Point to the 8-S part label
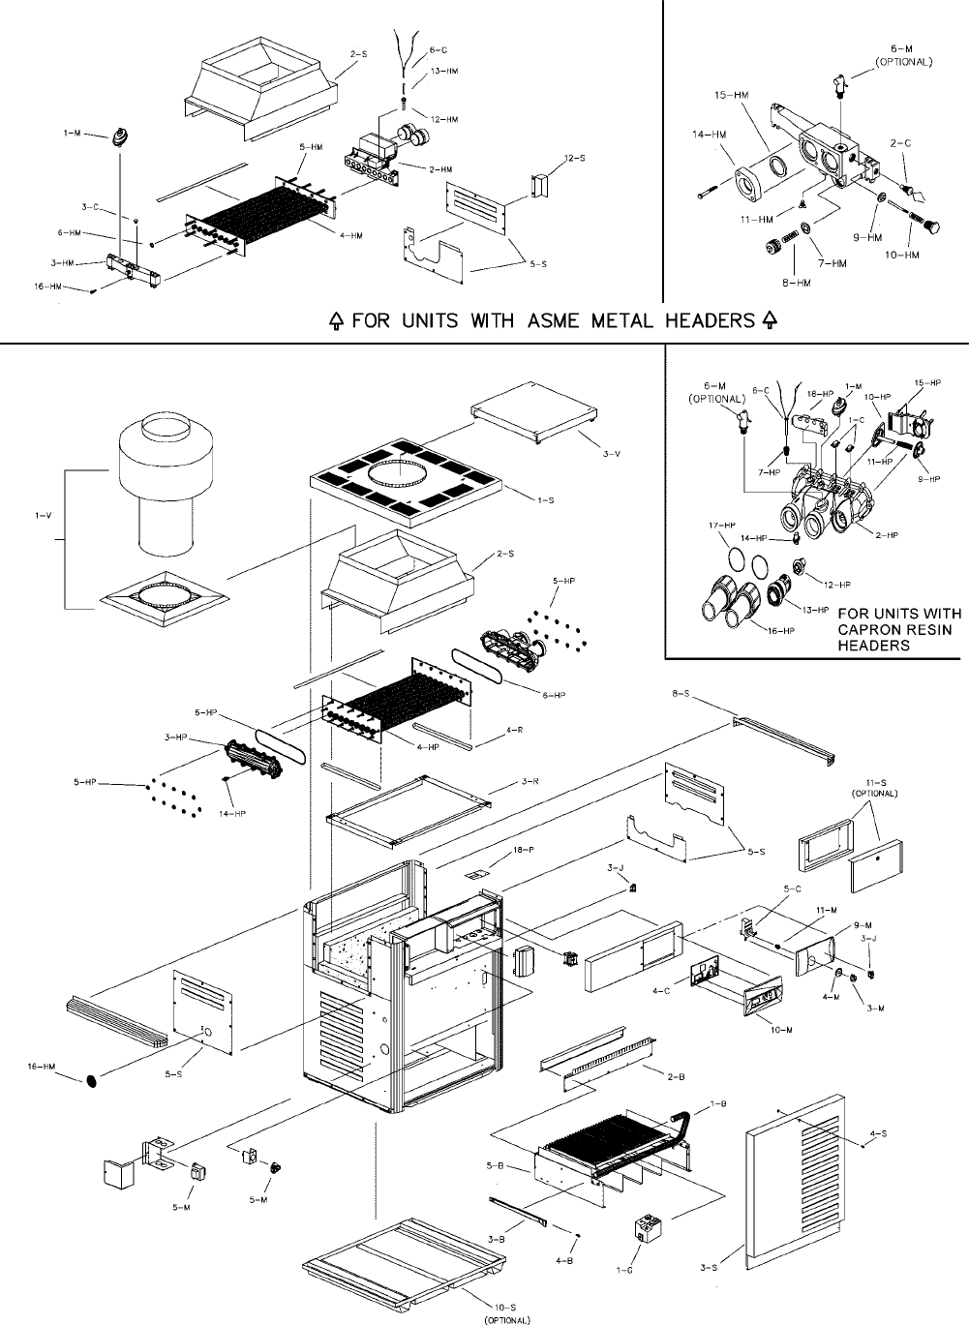[x=680, y=694]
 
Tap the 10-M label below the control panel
[x=782, y=1028]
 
